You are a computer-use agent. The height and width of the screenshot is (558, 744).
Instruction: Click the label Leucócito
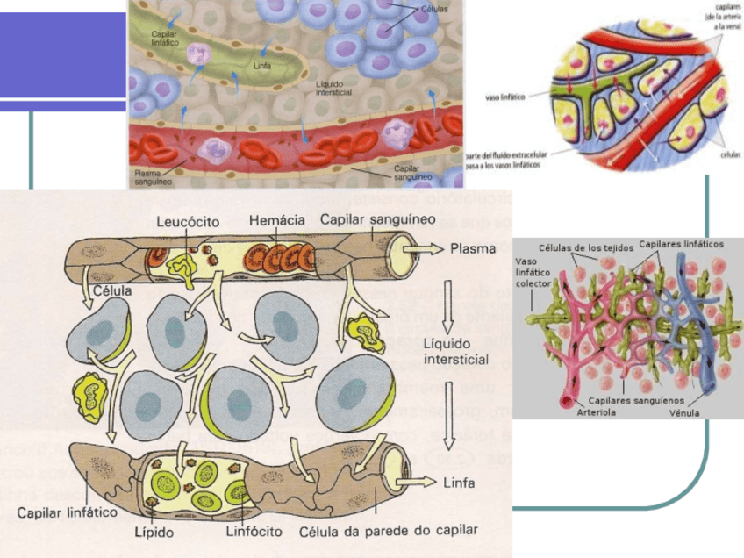187,222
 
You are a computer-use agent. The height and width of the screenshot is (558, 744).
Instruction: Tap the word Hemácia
278,221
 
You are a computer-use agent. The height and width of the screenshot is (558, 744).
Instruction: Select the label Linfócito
253,531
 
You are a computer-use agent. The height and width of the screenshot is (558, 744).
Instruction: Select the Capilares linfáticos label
682,244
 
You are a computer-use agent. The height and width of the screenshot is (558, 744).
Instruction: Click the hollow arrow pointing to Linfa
416,481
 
